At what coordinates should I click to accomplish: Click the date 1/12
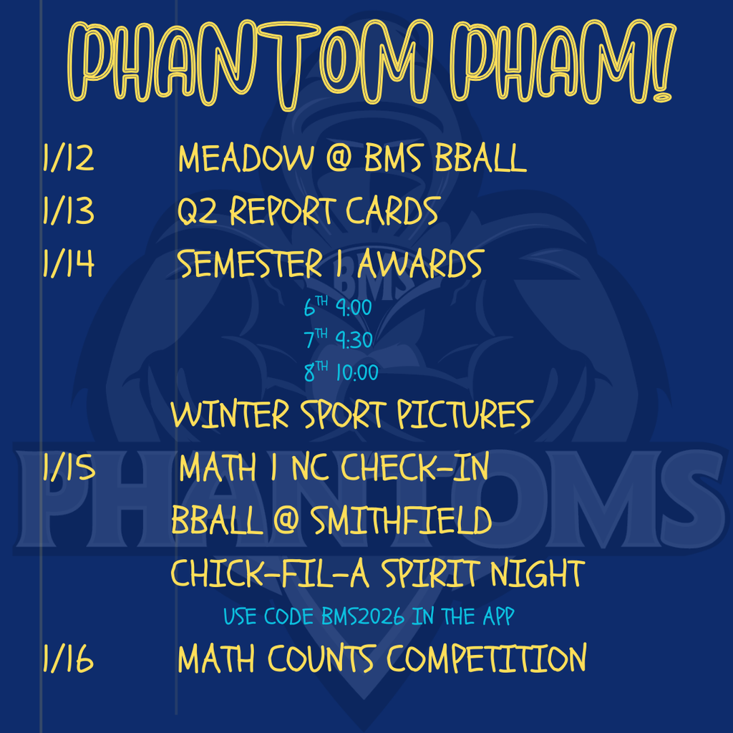point(68,158)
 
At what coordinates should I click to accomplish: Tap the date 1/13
point(68,211)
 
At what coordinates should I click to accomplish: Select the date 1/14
point(68,264)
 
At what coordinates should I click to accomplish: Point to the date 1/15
point(69,469)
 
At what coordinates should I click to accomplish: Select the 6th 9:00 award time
point(338,309)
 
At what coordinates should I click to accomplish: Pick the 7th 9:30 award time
point(338,340)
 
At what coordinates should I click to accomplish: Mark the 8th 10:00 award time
point(341,372)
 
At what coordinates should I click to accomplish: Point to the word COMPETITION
point(487,659)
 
